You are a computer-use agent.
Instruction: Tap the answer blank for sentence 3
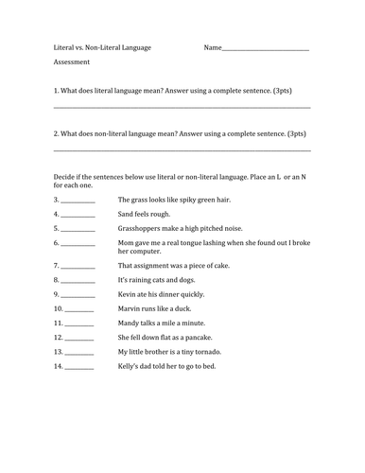pyautogui.click(x=78, y=201)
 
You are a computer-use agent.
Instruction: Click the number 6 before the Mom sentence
pyautogui.click(x=57, y=243)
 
